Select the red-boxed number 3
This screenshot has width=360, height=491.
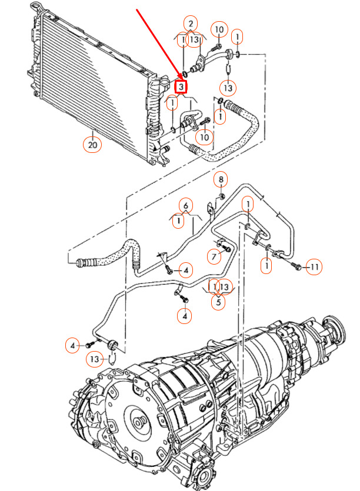pos(182,87)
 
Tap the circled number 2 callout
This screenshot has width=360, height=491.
pos(190,24)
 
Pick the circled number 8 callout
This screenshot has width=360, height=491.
pos(221,179)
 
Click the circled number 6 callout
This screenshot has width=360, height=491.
pos(185,205)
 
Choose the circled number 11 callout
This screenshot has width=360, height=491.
pos(315,268)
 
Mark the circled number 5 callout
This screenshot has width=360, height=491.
pos(218,303)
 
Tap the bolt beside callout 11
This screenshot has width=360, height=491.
pos(296,267)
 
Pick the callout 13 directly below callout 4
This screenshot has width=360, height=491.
pos(95,359)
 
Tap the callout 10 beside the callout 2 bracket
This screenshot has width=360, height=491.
pos(219,29)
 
